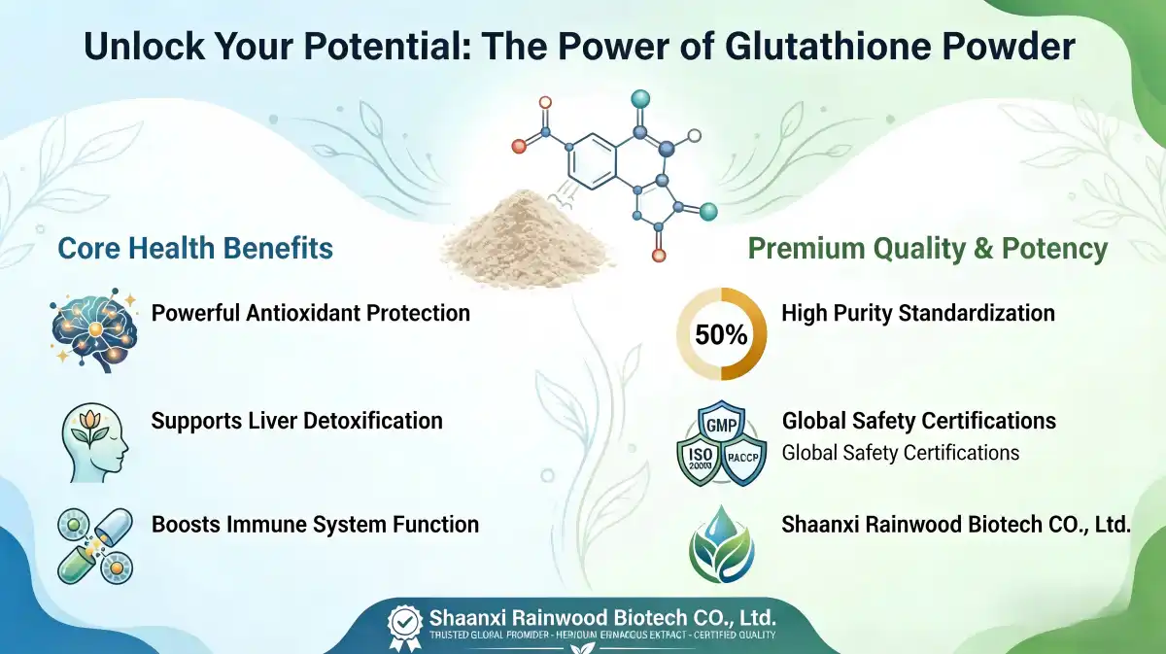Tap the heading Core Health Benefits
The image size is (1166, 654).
[x=195, y=248]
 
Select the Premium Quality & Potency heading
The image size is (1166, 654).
[x=928, y=249]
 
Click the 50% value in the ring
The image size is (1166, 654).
[x=721, y=336]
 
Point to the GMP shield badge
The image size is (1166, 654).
[x=721, y=425]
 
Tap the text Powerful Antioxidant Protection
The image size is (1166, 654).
[x=310, y=313]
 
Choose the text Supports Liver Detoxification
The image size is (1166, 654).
[x=296, y=421]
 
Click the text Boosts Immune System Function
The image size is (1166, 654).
[x=315, y=525]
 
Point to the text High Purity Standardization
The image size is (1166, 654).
[x=918, y=313]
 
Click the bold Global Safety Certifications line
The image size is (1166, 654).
[x=918, y=421]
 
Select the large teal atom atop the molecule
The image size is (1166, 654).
[x=639, y=98]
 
